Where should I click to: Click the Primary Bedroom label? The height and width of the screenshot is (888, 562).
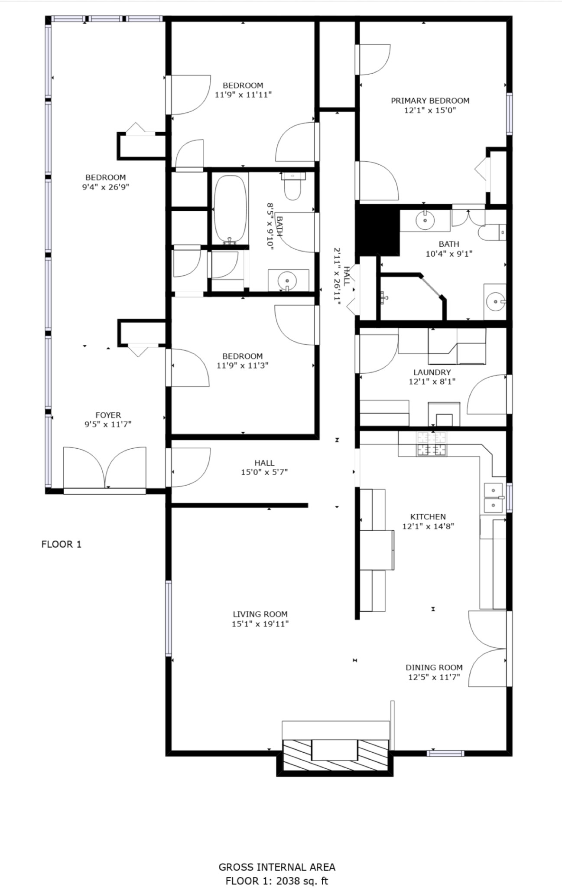(430, 101)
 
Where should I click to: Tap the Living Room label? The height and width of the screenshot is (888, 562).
(260, 614)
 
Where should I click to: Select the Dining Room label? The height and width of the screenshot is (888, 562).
(434, 667)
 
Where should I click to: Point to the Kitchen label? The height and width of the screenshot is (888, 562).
(428, 516)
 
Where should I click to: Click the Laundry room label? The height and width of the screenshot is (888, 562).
(432, 372)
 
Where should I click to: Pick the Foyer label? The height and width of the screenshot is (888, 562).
(108, 415)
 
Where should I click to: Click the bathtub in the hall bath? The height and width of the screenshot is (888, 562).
(231, 209)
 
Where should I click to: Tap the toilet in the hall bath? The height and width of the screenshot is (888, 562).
(293, 186)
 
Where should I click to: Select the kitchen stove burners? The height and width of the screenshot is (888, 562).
(432, 444)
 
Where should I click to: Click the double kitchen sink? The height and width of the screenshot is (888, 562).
(493, 497)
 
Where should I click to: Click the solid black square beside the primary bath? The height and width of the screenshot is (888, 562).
(377, 230)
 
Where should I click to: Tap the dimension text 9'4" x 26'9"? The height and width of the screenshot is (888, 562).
(106, 187)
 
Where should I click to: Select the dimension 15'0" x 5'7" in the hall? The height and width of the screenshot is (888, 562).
(264, 472)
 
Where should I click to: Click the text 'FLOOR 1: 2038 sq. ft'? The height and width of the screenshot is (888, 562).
(277, 881)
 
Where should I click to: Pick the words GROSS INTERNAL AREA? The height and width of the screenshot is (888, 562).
(277, 867)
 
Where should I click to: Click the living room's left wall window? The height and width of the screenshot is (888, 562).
(169, 618)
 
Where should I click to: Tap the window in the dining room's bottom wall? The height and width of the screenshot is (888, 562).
(445, 753)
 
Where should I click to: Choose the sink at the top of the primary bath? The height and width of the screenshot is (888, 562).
(425, 220)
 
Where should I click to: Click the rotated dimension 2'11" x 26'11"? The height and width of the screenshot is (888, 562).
(341, 276)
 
